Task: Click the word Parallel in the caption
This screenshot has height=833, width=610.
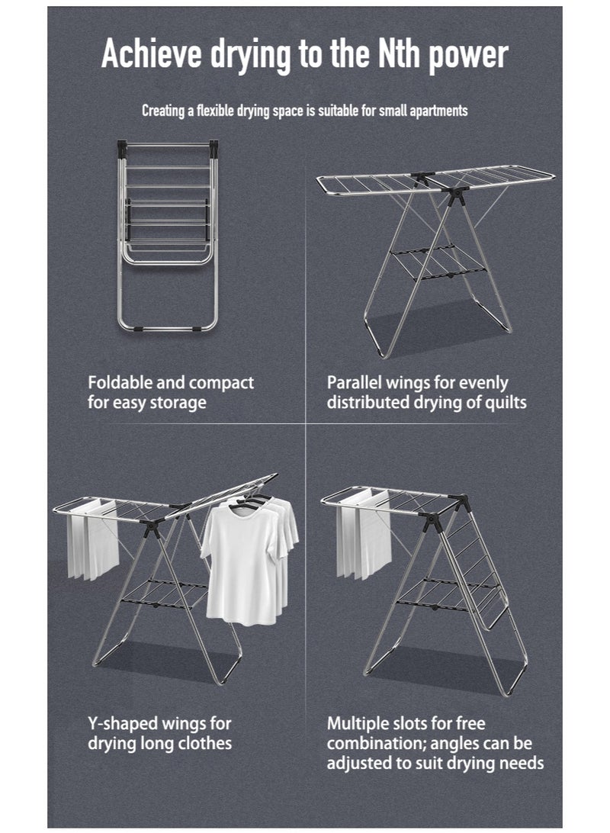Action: click(356, 382)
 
